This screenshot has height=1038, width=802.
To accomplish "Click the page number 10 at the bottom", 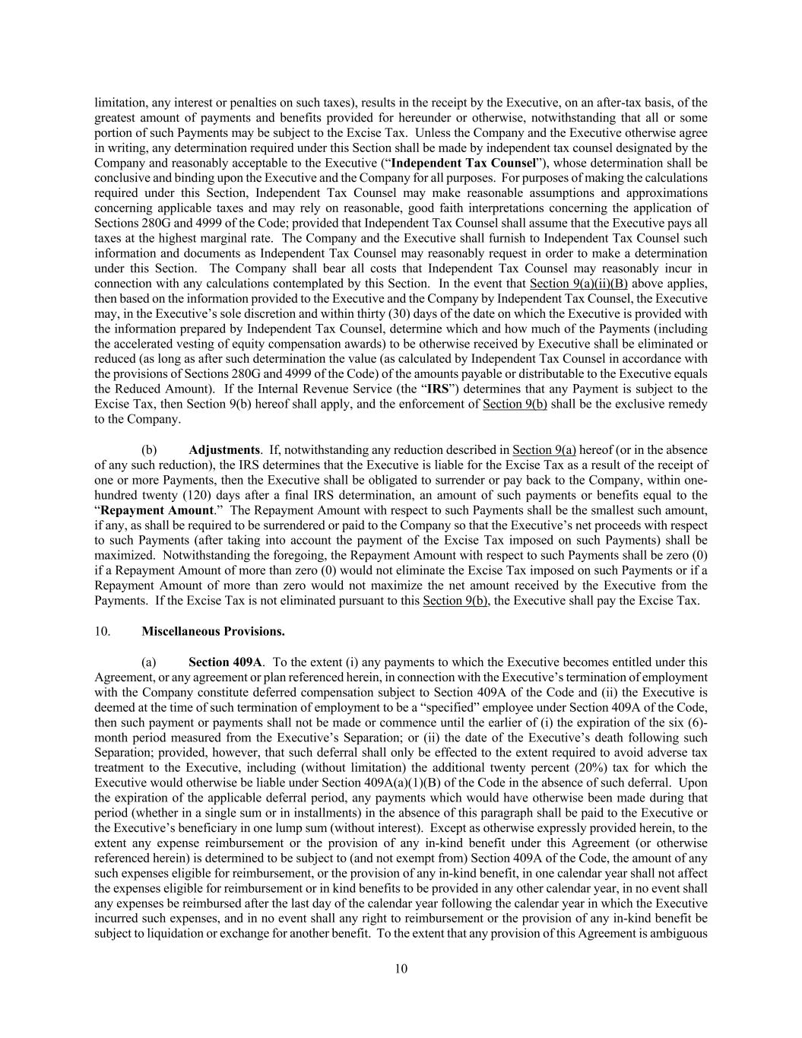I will [x=401, y=969].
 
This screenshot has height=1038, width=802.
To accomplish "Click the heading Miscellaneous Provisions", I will [x=213, y=631].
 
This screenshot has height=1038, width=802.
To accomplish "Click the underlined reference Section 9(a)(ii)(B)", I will [x=578, y=284].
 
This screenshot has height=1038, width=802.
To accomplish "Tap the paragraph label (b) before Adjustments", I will [x=149, y=449].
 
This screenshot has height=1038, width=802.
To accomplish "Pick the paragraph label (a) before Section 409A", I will [x=149, y=662].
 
